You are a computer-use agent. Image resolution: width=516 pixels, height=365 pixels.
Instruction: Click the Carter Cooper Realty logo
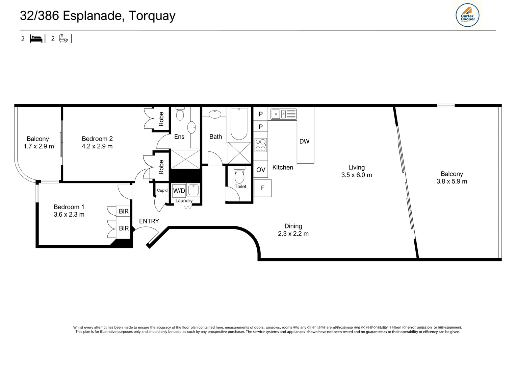tap(467, 15)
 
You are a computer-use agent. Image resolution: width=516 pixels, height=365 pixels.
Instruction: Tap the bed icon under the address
tap(36, 39)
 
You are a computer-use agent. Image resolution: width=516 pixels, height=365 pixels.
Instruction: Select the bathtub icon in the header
tap(63, 38)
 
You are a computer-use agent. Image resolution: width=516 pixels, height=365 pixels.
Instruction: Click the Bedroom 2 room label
tap(97, 139)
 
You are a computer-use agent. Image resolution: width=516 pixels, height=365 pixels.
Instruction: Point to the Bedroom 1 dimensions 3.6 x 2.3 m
tap(69, 215)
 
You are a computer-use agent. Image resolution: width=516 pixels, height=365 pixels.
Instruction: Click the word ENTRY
tap(149, 221)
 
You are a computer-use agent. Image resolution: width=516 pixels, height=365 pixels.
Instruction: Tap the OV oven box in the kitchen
tap(261, 170)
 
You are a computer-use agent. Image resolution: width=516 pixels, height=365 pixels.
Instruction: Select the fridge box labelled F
tap(263, 188)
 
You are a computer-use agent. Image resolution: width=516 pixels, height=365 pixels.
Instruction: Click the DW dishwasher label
tap(304, 142)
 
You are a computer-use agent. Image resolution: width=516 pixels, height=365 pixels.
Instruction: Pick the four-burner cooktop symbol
tap(261, 145)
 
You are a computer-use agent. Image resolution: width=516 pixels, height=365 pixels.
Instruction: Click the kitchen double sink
tap(283, 114)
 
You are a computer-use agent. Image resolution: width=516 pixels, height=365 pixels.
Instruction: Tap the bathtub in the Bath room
tap(239, 124)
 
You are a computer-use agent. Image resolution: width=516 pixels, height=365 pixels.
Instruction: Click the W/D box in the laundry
tap(179, 191)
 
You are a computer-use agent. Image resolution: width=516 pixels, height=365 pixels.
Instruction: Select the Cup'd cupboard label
tap(162, 190)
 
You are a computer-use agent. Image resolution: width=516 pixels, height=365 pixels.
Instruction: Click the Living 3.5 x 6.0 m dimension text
tap(356, 175)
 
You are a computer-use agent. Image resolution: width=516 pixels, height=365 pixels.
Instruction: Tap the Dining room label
tap(293, 226)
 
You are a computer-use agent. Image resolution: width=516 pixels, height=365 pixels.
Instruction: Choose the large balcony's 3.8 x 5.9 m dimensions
tap(452, 181)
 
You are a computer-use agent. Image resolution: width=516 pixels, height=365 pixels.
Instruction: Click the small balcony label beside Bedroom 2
tap(38, 139)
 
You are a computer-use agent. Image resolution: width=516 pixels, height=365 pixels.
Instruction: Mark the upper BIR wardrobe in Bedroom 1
tap(124, 211)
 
